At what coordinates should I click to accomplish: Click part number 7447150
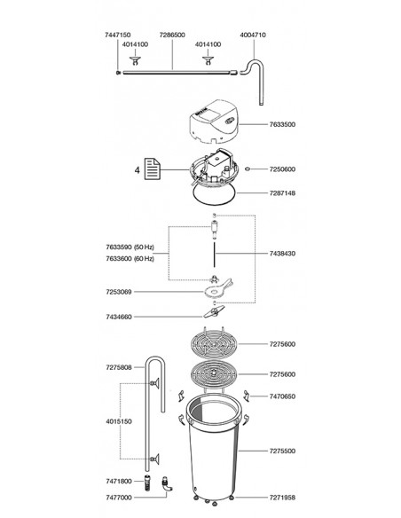(x=118, y=35)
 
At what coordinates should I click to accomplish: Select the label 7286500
(x=172, y=35)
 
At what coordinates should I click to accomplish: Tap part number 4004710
(x=253, y=35)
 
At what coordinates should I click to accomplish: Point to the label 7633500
(x=282, y=124)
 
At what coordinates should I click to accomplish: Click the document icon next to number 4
(x=153, y=169)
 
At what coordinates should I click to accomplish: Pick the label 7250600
(x=282, y=169)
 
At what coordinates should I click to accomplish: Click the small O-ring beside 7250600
(x=247, y=169)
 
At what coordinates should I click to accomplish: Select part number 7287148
(x=282, y=193)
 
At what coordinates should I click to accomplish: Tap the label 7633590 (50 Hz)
(x=130, y=247)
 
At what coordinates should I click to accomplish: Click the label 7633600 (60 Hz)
(x=130, y=259)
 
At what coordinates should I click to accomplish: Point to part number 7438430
(x=282, y=254)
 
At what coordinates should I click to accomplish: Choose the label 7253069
(x=119, y=292)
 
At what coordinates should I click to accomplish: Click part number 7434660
(x=119, y=317)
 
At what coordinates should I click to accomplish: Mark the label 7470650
(x=282, y=396)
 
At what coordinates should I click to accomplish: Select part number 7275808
(x=119, y=367)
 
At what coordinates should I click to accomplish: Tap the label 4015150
(x=119, y=421)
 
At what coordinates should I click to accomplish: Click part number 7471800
(x=119, y=482)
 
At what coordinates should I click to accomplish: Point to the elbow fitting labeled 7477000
(x=167, y=484)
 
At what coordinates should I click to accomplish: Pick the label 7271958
(x=282, y=498)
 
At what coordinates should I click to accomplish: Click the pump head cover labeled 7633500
(x=214, y=122)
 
